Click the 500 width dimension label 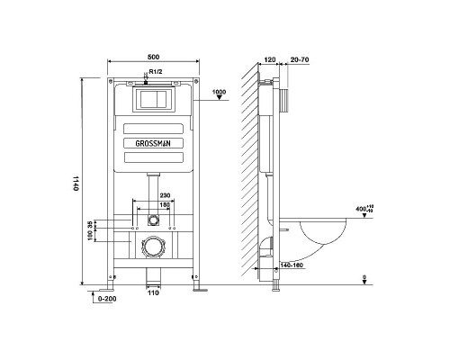click(x=153, y=57)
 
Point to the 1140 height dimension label click(x=76, y=184)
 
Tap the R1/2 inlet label click(x=156, y=72)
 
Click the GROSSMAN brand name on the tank click(x=153, y=144)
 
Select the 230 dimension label click(x=165, y=195)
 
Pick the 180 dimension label click(x=165, y=204)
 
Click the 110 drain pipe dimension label click(x=153, y=292)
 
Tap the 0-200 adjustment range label click(x=107, y=299)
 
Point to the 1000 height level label click(x=219, y=92)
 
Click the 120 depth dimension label click(x=270, y=59)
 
